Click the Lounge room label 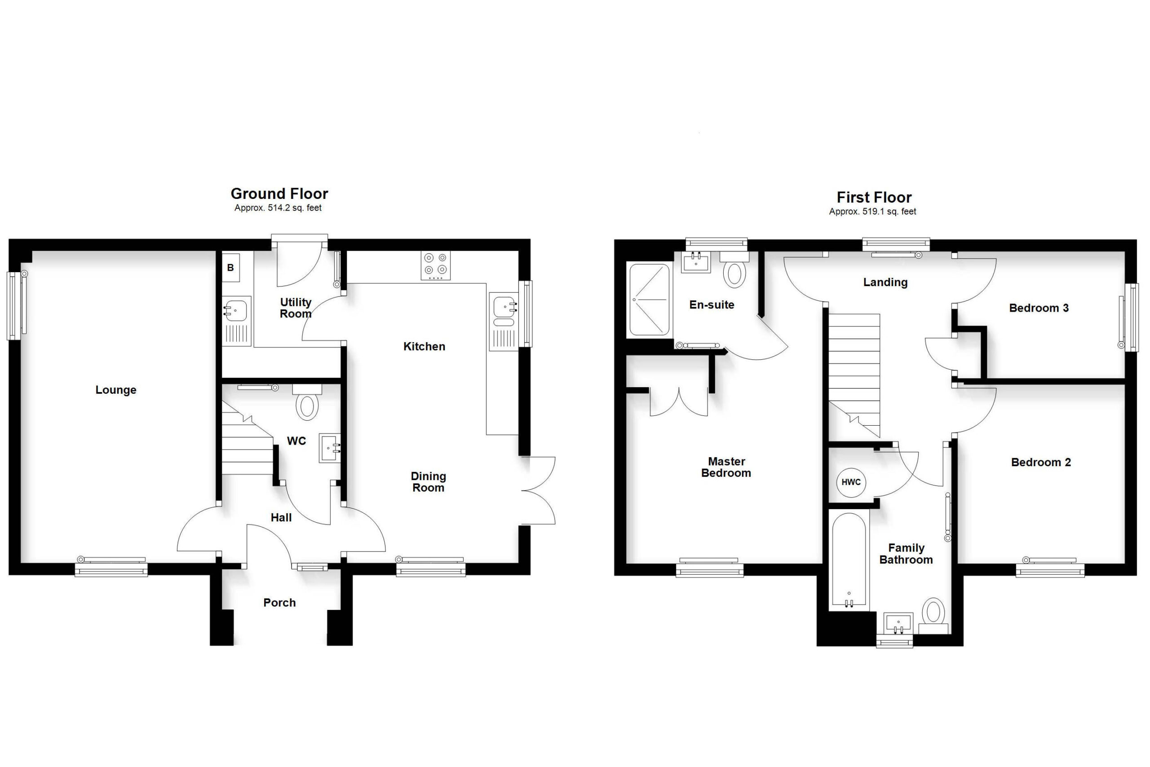click(115, 390)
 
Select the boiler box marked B click(230, 268)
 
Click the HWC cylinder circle click(851, 482)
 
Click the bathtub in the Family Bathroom click(849, 560)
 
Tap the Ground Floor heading click(279, 194)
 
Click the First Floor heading click(874, 198)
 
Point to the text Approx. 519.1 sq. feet click(872, 212)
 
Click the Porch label click(279, 603)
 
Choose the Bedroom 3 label click(1039, 308)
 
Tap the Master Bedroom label click(726, 467)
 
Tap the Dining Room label click(428, 482)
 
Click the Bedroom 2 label click(1041, 462)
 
